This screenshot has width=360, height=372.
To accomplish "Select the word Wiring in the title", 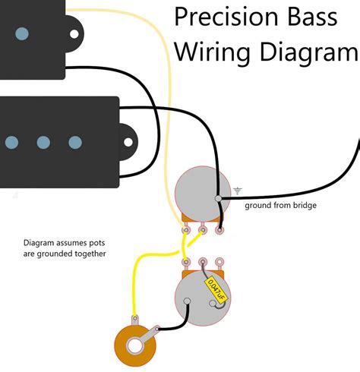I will (x=205, y=52).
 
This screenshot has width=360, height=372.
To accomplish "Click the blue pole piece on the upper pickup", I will (x=23, y=33).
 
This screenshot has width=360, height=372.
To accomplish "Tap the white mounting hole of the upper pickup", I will (x=74, y=33).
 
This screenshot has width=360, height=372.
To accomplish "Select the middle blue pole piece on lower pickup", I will (x=43, y=142).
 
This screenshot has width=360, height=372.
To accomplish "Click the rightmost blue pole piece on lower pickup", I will (x=74, y=142).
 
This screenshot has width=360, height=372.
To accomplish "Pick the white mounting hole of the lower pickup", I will (x=125, y=142).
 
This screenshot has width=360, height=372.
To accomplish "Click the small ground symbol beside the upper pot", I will (x=238, y=190).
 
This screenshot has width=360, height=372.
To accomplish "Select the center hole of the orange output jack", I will (x=136, y=345).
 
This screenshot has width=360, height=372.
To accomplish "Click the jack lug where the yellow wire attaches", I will (x=135, y=320).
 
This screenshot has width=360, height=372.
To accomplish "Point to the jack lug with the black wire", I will (x=157, y=329).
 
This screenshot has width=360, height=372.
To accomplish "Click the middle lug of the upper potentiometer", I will (x=203, y=226).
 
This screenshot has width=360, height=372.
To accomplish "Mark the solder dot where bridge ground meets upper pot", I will (x=218, y=199).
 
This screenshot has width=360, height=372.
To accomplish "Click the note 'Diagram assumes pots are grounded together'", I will (x=65, y=248).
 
